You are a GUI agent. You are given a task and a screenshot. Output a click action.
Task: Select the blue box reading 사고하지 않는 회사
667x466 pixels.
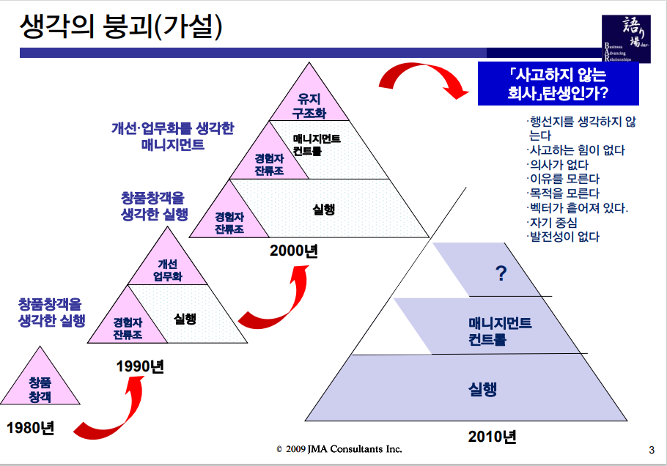[x=556, y=84]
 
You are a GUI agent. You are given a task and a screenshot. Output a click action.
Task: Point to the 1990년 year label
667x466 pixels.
[x=140, y=366]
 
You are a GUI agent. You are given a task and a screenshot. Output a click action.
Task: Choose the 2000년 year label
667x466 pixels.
[x=293, y=251]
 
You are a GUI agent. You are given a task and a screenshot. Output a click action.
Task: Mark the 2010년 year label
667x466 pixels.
[x=492, y=437]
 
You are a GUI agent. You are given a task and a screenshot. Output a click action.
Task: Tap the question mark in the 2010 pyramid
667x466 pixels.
[x=501, y=274]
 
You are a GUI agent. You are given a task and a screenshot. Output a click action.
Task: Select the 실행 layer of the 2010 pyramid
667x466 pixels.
[x=483, y=389]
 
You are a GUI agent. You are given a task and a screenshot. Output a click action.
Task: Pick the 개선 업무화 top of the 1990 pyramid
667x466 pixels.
[x=168, y=270]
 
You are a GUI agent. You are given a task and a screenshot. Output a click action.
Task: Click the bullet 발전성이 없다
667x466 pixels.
[x=563, y=237]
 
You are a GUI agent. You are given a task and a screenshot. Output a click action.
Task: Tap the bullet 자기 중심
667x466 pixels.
[x=552, y=222]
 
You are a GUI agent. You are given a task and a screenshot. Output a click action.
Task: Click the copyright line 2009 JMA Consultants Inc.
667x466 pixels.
[x=339, y=448]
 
